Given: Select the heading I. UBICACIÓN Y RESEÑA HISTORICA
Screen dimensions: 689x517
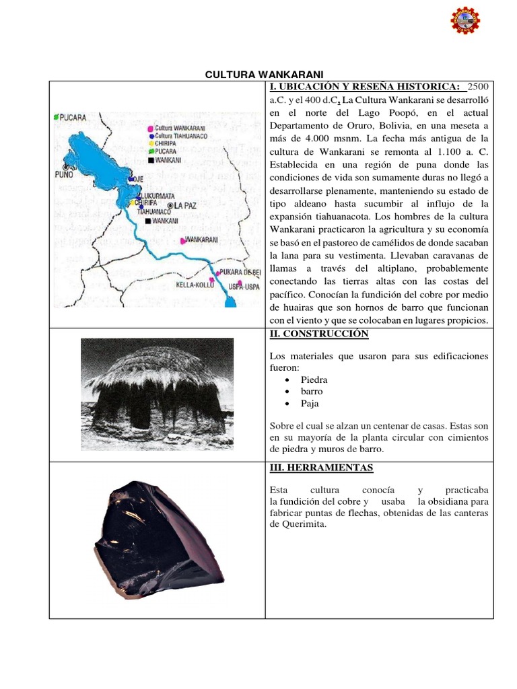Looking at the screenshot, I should (364, 87).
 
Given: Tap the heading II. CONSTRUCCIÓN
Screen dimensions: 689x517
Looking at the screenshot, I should (318, 334).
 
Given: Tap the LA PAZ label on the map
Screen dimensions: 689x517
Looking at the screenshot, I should (184, 205).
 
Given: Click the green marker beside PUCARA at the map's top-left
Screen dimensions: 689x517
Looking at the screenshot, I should (57, 117).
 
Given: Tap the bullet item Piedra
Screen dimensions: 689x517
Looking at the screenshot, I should (314, 379).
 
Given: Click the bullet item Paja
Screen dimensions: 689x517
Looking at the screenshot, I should (310, 404).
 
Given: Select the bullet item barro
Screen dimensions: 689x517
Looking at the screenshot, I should (311, 392).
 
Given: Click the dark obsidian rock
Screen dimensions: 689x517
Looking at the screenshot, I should (155, 540).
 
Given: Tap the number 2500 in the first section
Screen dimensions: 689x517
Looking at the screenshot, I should (476, 87).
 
